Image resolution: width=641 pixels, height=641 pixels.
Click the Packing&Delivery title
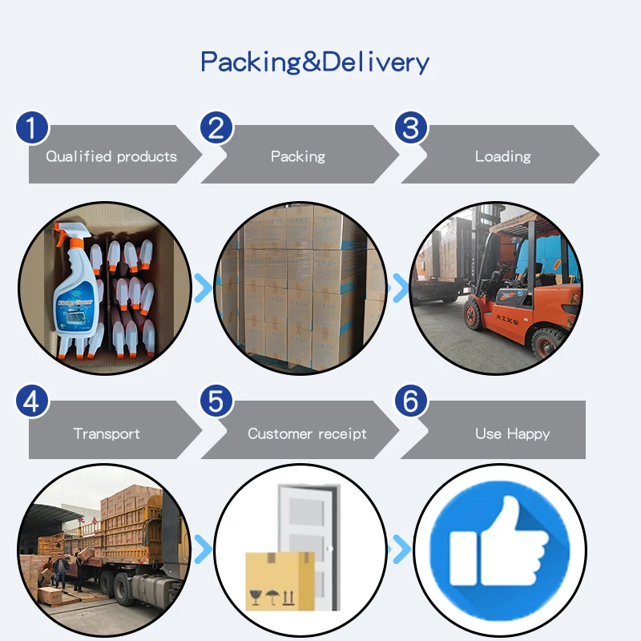[x=314, y=62]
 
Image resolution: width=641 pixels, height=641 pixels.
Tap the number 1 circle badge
[x=32, y=127]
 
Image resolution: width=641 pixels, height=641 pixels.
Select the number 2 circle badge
[x=216, y=127]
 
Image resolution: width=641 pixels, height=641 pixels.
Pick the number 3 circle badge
[x=410, y=127]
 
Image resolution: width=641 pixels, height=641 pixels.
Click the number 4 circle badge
[x=32, y=401]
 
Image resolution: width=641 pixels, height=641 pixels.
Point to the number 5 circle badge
[x=216, y=401]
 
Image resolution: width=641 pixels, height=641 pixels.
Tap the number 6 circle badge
[x=410, y=401]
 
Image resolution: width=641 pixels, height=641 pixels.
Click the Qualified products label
[x=111, y=156]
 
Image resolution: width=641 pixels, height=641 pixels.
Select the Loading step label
[x=502, y=156]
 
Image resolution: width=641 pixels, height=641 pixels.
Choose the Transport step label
[x=107, y=433]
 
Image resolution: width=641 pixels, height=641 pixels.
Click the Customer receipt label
[x=307, y=433]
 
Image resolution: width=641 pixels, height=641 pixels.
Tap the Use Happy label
[x=512, y=433]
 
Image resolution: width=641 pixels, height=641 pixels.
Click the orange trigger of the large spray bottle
[x=64, y=240]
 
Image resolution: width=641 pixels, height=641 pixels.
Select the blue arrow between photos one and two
[x=204, y=286]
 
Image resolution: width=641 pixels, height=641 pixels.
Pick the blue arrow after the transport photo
[x=204, y=550]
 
